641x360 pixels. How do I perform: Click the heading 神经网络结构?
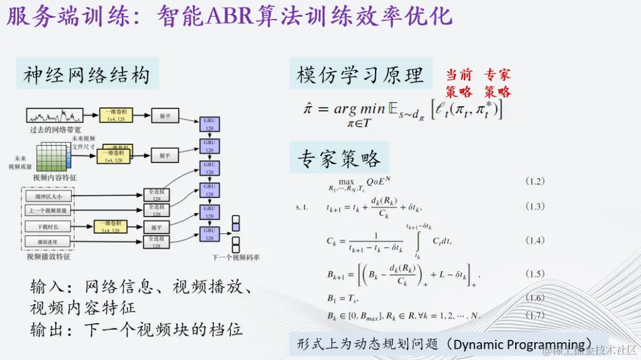[87, 75]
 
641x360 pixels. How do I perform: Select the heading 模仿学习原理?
[360, 75]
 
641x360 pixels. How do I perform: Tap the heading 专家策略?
[339, 159]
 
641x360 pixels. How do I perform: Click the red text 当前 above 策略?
[459, 75]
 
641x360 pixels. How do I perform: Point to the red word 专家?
[497, 75]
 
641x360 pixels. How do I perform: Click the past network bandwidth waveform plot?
[55, 115]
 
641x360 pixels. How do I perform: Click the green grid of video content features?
[53, 158]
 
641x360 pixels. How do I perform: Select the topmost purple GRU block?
[210, 124]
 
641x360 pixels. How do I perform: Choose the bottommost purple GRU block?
[210, 234]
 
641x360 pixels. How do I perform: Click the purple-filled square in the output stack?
[236, 221]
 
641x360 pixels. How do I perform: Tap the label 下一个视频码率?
[236, 258]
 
